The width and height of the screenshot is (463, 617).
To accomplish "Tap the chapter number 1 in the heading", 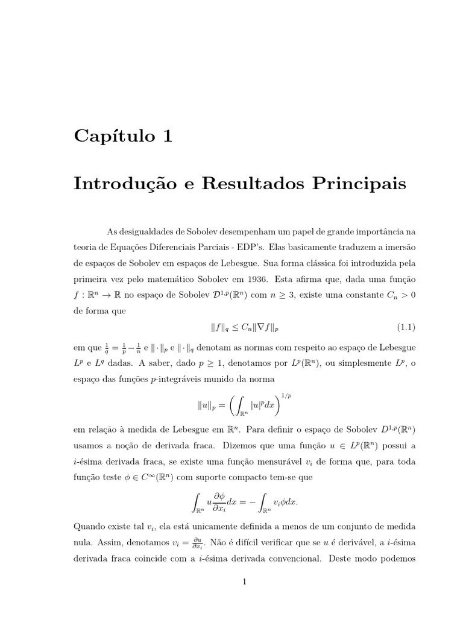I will (167, 137).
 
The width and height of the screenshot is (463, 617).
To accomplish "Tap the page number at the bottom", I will (244, 581).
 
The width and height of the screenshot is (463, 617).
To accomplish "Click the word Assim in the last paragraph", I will (106, 541).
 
